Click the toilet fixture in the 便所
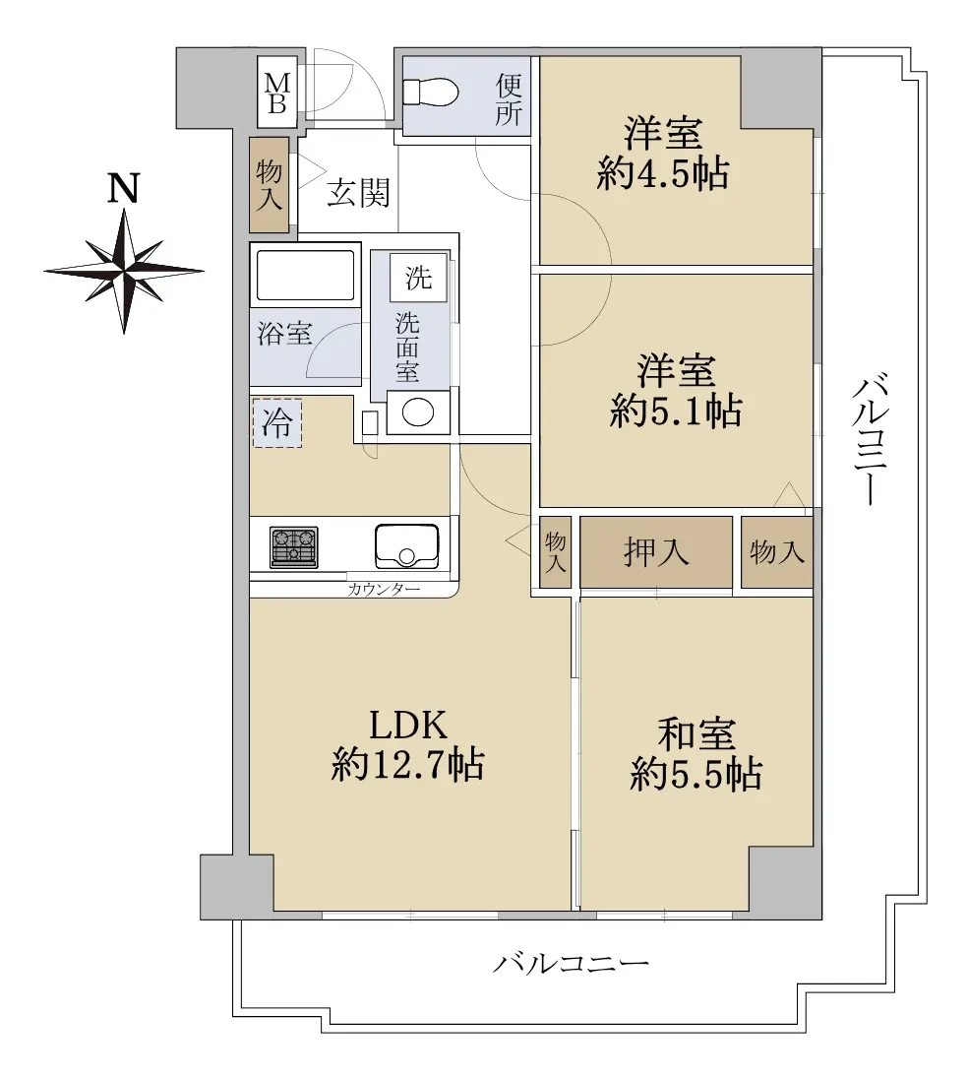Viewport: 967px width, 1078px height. click(x=431, y=92)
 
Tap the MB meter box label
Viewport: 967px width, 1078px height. click(x=277, y=93)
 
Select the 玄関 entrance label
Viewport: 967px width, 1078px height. click(x=358, y=193)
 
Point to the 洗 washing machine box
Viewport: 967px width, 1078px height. click(x=418, y=277)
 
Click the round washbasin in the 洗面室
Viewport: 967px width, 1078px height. click(x=417, y=412)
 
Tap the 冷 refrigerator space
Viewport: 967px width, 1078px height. click(x=277, y=422)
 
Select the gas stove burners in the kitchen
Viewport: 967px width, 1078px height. click(x=294, y=547)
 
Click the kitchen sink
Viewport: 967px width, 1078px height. click(x=406, y=545)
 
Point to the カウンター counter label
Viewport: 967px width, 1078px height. click(x=384, y=589)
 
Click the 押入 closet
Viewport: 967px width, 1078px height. click(x=656, y=552)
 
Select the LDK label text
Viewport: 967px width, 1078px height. click(x=408, y=725)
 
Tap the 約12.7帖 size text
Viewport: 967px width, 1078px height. click(x=408, y=765)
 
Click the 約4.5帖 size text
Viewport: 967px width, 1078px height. click(x=663, y=172)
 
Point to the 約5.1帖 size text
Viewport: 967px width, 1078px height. click(x=676, y=412)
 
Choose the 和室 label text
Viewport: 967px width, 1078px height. click(x=696, y=734)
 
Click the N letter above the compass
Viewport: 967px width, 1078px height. click(x=124, y=188)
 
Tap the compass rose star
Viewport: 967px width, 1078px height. click(x=124, y=271)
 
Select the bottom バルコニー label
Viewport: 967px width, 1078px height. click(x=571, y=964)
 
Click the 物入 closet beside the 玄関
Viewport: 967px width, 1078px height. click(x=269, y=185)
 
